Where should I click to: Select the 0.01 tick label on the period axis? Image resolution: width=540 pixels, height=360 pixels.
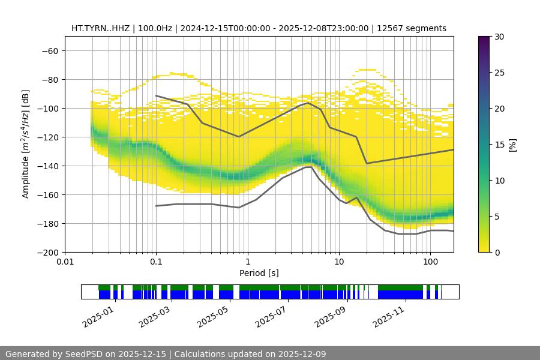click(x=65, y=262)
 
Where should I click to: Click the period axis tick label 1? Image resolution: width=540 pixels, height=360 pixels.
click(x=247, y=262)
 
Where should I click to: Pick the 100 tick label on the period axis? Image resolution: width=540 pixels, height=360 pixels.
click(x=430, y=262)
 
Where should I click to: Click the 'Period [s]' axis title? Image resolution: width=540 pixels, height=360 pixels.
click(x=259, y=273)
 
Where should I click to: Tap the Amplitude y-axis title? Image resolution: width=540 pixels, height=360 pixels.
click(x=26, y=144)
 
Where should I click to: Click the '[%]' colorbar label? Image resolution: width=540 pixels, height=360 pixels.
click(x=513, y=144)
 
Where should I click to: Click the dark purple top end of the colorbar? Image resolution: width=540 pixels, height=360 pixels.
click(x=484, y=39)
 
